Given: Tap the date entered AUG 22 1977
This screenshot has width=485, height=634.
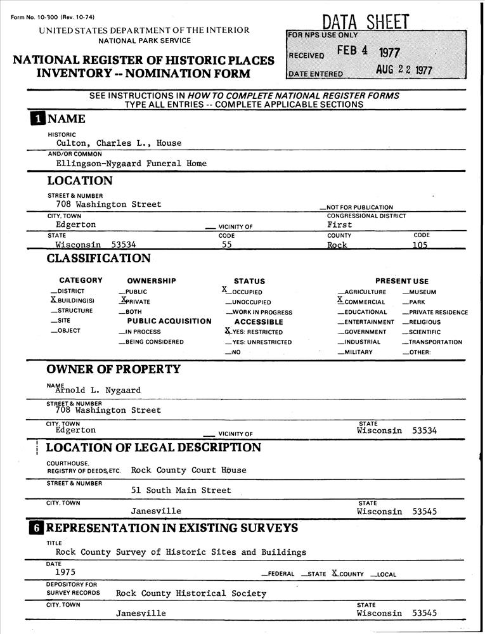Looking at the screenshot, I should point(404,70).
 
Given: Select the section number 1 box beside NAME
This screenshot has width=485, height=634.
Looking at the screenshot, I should point(37,119).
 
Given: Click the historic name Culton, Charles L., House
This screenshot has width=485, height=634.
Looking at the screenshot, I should point(119,143).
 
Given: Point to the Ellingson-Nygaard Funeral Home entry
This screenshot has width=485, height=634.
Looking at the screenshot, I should point(131,164).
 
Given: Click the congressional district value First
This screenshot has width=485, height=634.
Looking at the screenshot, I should point(340,224).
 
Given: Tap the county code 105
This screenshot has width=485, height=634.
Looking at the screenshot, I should point(420,245).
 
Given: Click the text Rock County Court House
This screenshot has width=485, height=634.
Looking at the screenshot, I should point(188,470).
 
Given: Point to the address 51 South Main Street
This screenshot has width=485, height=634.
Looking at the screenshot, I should point(181,491).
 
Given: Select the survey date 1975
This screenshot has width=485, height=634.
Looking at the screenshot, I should point(65,572).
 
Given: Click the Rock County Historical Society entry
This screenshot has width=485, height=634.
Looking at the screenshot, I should point(191,593).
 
